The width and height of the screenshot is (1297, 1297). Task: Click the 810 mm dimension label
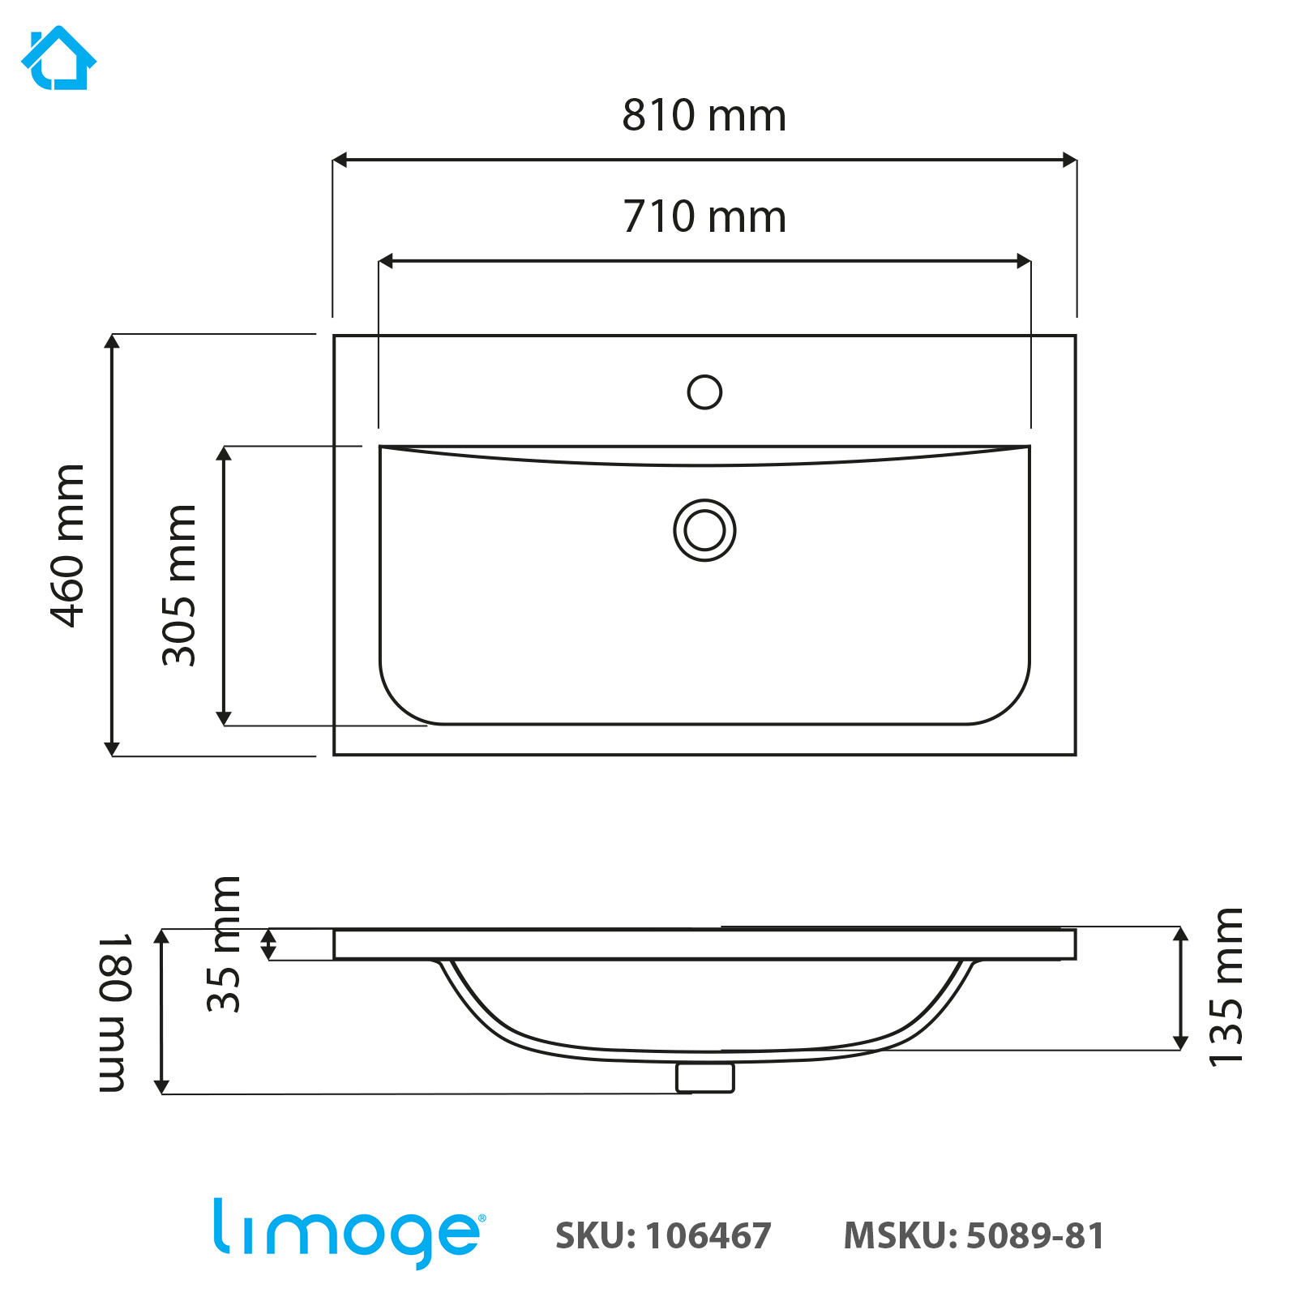(x=704, y=115)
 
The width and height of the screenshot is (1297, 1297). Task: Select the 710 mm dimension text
(x=704, y=216)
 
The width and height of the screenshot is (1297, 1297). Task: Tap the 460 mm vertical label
(x=68, y=546)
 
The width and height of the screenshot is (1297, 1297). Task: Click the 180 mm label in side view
(x=114, y=1012)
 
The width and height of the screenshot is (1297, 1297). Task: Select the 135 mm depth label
(x=1225, y=987)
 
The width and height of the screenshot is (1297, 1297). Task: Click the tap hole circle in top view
(x=704, y=392)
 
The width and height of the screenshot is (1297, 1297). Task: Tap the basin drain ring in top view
(x=704, y=530)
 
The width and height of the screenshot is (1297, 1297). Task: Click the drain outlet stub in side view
(x=704, y=1077)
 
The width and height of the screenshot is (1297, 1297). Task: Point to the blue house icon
(x=58, y=58)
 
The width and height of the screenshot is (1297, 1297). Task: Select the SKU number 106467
(x=708, y=1236)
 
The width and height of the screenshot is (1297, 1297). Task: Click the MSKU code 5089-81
(x=1035, y=1236)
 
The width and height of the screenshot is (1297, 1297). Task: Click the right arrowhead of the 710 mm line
(x=1024, y=261)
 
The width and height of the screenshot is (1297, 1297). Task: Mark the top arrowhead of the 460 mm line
(x=112, y=341)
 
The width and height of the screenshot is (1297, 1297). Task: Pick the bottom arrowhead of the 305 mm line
(x=224, y=718)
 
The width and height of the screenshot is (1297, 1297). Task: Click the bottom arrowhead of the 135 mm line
(x=1181, y=1042)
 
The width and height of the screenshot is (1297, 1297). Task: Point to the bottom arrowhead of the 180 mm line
(x=161, y=1086)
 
